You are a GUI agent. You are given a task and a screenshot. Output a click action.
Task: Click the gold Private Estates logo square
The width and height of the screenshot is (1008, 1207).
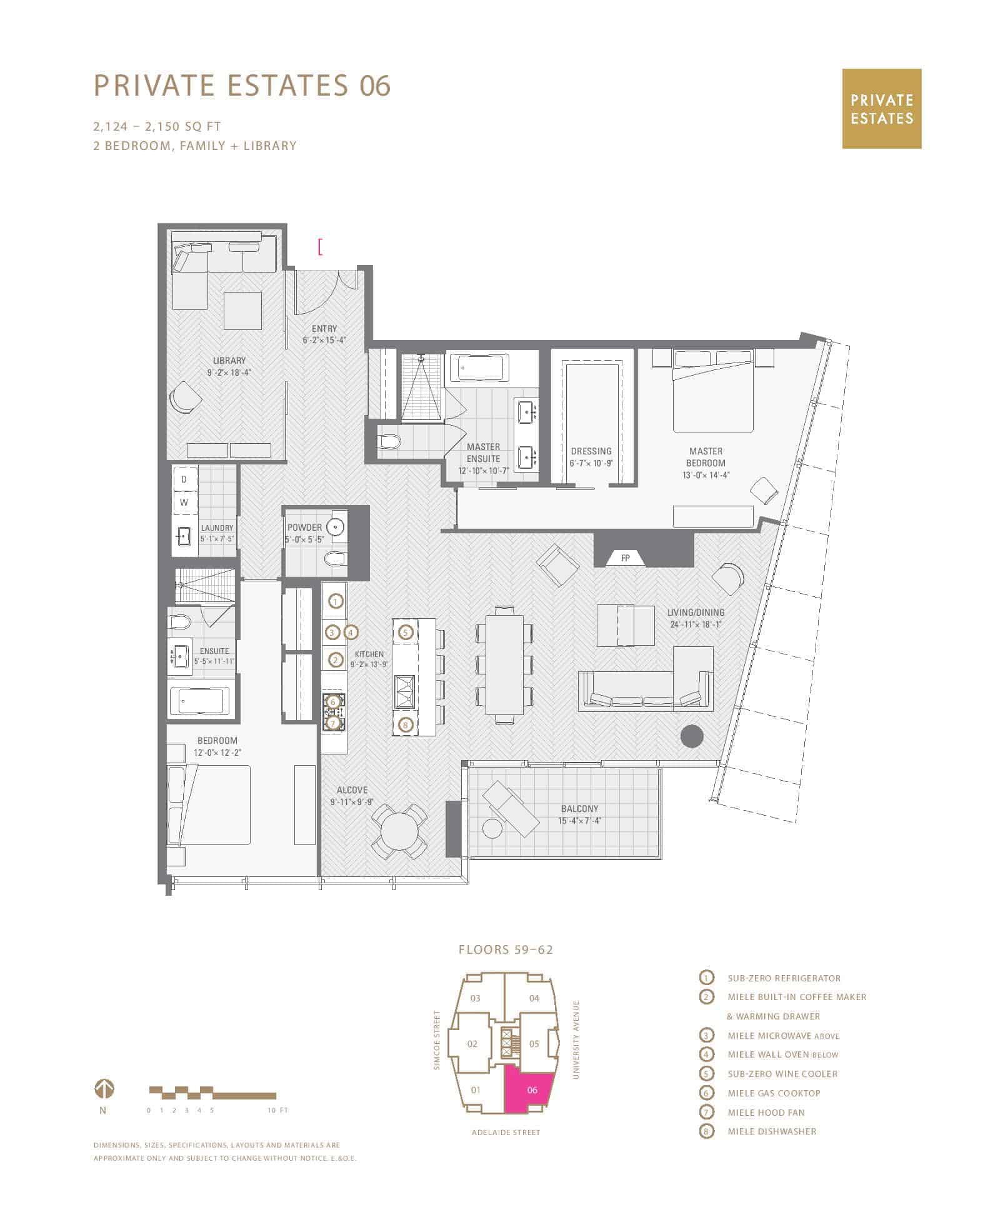click(x=881, y=109)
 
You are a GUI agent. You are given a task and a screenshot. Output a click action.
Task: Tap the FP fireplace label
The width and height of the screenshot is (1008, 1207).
click(x=626, y=558)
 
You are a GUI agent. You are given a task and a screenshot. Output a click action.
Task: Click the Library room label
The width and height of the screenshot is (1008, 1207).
click(x=229, y=361)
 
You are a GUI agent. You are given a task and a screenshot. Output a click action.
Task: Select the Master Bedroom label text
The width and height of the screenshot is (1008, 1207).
click(x=706, y=457)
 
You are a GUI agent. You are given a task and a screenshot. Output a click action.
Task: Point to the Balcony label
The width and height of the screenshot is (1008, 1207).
click(x=579, y=808)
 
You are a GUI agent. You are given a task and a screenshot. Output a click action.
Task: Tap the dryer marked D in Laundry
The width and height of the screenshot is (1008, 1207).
click(x=184, y=479)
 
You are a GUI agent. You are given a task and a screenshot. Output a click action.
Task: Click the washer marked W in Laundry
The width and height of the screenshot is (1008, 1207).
click(x=184, y=503)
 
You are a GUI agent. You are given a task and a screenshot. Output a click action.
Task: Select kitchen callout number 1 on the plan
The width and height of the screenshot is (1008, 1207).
click(x=336, y=602)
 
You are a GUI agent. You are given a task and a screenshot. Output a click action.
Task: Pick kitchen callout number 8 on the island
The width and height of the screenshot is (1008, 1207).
click(x=406, y=725)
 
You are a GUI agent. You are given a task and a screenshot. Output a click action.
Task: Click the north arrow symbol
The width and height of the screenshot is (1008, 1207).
click(x=104, y=1089)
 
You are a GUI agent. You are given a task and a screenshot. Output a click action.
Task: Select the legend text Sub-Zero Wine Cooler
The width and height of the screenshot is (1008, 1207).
click(x=782, y=1074)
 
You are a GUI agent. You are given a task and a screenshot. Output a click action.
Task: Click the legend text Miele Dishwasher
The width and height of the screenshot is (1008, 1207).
click(x=772, y=1131)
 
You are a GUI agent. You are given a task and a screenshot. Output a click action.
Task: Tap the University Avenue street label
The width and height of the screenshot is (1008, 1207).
click(x=576, y=1039)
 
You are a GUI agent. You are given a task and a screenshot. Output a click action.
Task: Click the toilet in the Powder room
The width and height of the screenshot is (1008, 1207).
click(x=336, y=558)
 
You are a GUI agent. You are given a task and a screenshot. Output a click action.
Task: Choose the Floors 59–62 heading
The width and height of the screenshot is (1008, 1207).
click(x=506, y=950)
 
